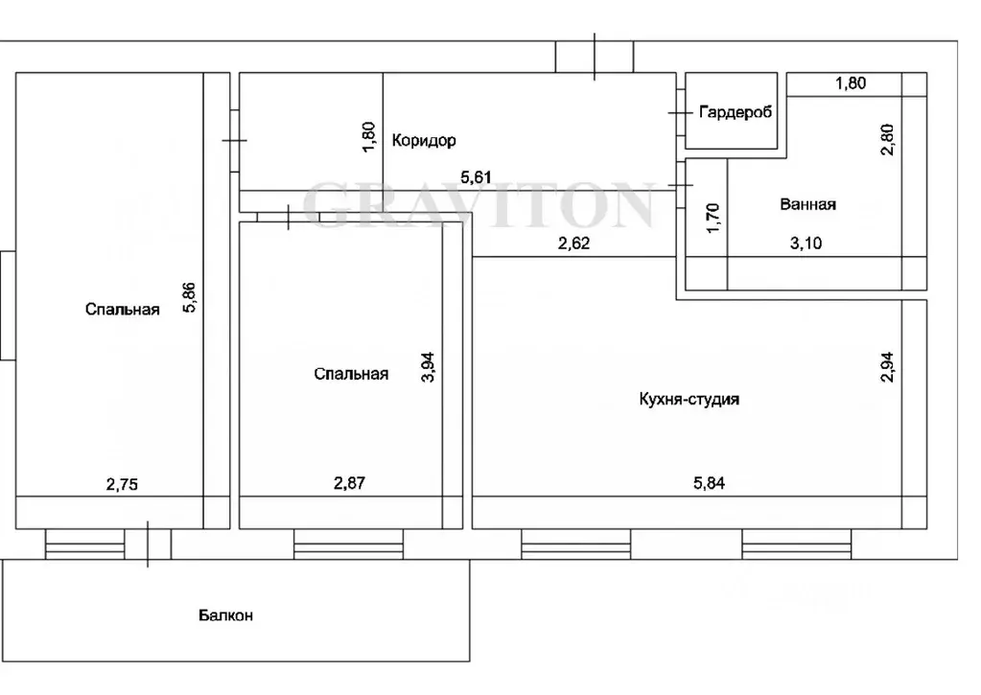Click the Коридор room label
tap(424, 140)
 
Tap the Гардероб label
tap(736, 112)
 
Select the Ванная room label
tap(807, 204)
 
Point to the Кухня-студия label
tap(689, 399)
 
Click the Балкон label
tap(226, 614)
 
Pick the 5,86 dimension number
tap(189, 298)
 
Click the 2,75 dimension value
tap(122, 483)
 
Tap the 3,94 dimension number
tap(428, 368)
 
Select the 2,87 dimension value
tap(349, 482)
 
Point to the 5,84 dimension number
tap(709, 482)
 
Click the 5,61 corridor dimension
tap(476, 177)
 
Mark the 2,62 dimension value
tap(573, 243)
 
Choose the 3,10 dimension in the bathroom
tap(806, 243)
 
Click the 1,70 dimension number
tap(712, 218)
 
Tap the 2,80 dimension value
tap(887, 140)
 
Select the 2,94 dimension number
tap(887, 367)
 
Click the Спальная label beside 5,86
tap(123, 309)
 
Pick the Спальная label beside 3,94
tap(351, 374)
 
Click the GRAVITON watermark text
tap(479, 204)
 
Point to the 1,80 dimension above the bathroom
tap(851, 82)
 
